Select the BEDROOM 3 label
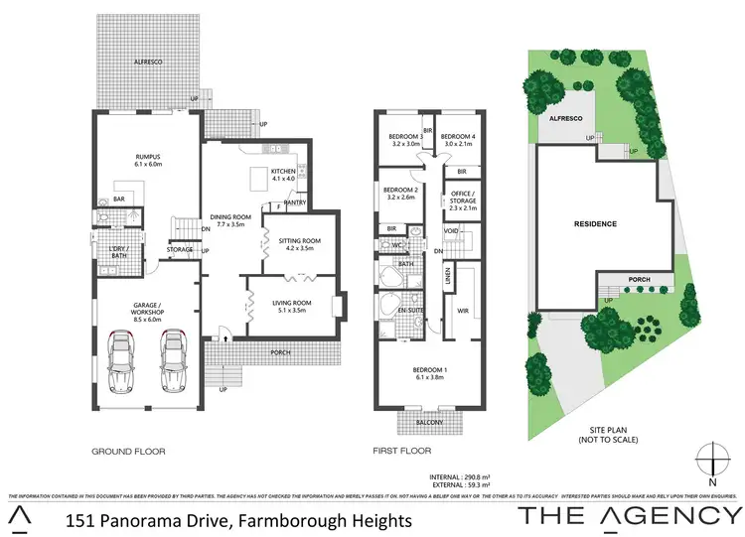point(407,140)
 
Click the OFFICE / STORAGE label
point(463,200)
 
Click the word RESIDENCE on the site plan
point(595,224)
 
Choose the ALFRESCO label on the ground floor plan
point(147,62)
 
